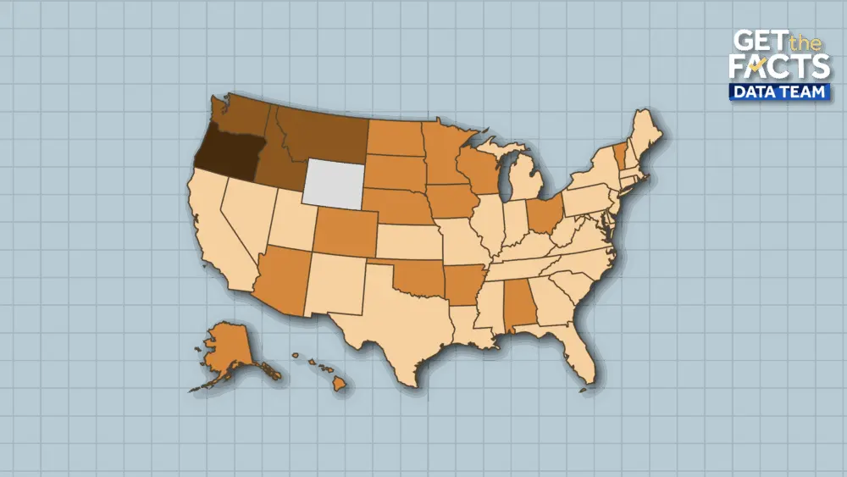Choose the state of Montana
[326, 136]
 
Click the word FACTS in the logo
[778, 68]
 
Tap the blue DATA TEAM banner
[778, 92]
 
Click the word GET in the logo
[756, 41]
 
